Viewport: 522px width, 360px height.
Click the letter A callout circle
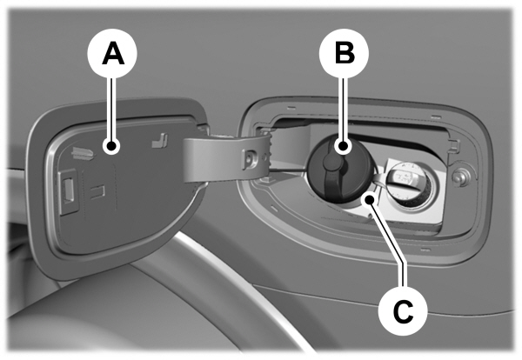[112, 54]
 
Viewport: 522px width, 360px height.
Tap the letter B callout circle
[345, 54]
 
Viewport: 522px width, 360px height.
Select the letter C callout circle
[403, 310]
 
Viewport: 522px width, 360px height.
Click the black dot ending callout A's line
[111, 146]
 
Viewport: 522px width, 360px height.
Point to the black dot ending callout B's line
[344, 146]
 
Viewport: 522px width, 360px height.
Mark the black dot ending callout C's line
[370, 200]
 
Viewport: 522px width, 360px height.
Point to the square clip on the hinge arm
[250, 159]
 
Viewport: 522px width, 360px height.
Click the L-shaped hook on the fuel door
[160, 140]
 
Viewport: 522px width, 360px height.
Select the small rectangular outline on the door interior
[97, 192]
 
